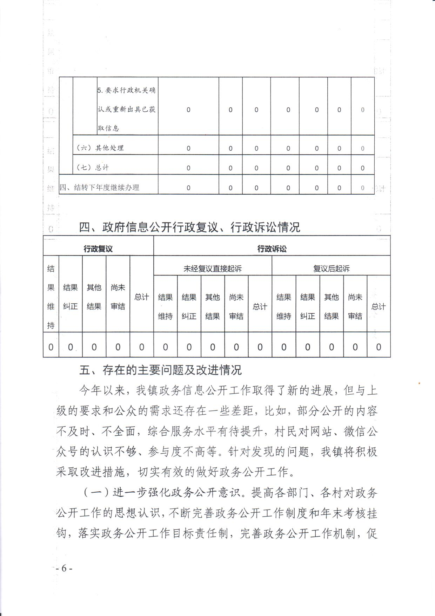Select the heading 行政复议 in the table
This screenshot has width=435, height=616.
[98, 249]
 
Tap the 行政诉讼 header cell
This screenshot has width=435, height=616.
[272, 249]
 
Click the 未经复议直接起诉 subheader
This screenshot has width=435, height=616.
[213, 269]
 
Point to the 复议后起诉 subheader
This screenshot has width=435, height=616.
[331, 269]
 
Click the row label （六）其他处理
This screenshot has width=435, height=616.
[100, 148]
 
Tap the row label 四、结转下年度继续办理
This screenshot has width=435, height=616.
[100, 188]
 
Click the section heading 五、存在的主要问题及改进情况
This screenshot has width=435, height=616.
[161, 370]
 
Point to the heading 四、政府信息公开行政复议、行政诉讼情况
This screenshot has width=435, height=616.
[190, 227]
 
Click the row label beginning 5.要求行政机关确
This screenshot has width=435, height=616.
[127, 109]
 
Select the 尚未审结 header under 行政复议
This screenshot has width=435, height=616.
[118, 297]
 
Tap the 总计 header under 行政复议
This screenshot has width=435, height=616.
[141, 297]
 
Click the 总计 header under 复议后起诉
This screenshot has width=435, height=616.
[379, 306]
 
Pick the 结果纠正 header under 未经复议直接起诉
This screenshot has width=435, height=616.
[189, 306]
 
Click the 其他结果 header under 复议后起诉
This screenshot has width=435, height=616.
[331, 306]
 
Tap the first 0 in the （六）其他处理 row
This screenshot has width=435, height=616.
[188, 148]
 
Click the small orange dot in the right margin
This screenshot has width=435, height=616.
[419, 383]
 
